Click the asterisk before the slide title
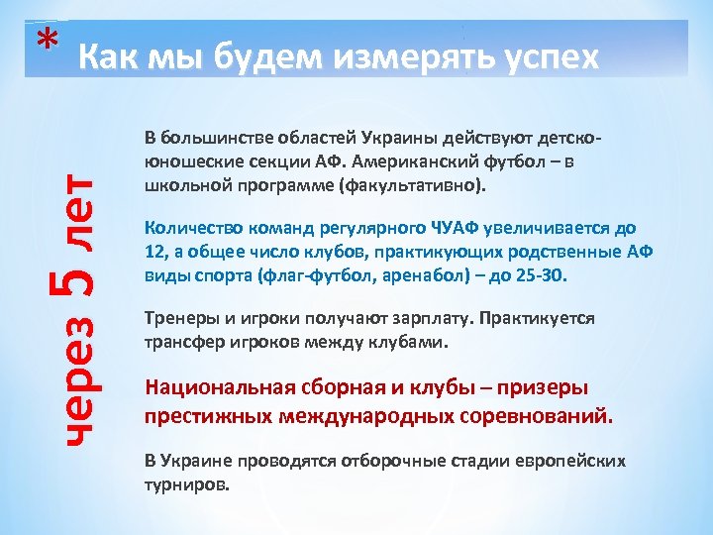click(42, 39)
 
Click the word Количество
click(192, 228)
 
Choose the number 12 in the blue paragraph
click(153, 252)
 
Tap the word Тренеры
click(179, 319)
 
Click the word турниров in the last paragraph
click(186, 486)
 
